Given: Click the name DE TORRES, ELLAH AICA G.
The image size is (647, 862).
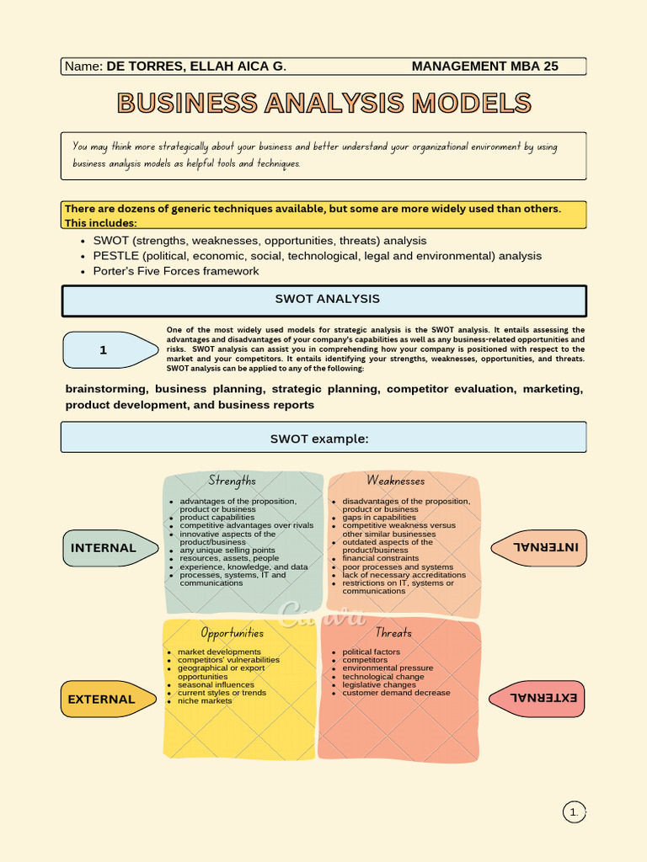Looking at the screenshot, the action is tap(196, 67).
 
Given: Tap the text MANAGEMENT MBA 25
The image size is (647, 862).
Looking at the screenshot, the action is tap(484, 67).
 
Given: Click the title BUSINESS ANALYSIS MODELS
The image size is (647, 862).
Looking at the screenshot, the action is tap(324, 103).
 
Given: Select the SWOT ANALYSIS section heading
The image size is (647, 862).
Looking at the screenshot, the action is tap(328, 299).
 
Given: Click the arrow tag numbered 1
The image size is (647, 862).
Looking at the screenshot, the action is tap(110, 350).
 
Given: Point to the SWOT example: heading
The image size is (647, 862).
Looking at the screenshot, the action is tap(319, 439).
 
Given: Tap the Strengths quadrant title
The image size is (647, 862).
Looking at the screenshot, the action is tap(232, 481).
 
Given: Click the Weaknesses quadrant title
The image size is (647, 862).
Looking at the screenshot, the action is tap(396, 481).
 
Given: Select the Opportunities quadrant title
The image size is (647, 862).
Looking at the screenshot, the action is tap(232, 633).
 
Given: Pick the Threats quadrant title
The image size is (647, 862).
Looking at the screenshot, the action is tap(393, 633).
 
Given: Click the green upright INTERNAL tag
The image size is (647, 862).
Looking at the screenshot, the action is tap(110, 548).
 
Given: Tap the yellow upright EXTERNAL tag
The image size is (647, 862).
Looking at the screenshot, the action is tap(109, 700).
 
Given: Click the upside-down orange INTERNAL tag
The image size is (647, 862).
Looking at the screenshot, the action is tap(538, 547).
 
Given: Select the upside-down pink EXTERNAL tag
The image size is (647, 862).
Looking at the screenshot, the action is tap(537, 699).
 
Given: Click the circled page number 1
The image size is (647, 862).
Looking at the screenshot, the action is tap(574, 812).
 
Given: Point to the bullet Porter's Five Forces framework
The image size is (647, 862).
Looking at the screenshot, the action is tap(175, 271).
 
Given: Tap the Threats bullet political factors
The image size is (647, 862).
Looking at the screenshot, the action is tap(371, 652).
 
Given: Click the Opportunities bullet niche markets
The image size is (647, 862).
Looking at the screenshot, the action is tap(205, 701).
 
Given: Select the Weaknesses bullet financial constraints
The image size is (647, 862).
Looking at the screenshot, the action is tap(380, 559).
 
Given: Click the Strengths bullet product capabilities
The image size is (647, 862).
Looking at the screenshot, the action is tap(217, 518).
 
